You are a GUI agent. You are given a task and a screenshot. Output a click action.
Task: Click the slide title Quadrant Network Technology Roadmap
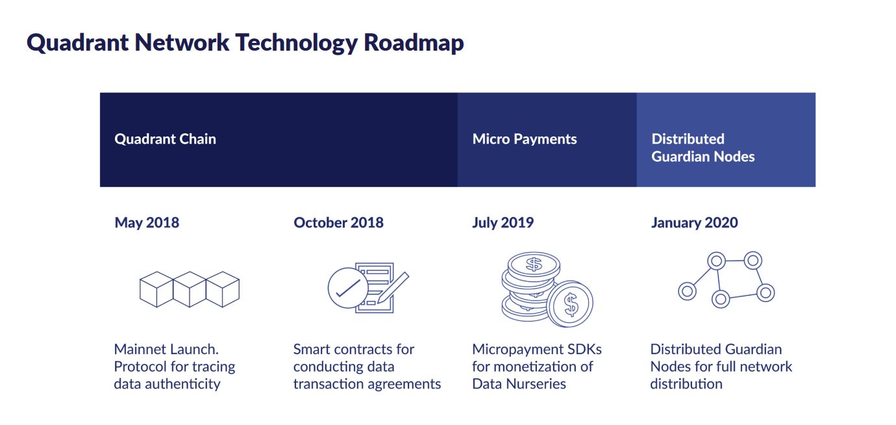(245, 43)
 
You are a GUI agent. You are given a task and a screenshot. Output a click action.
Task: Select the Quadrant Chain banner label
(165, 139)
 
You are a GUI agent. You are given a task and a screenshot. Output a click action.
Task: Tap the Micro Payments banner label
(524, 139)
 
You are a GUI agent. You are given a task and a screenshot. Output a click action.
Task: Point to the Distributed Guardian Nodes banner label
(703, 148)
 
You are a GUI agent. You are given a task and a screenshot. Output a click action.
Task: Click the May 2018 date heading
(147, 222)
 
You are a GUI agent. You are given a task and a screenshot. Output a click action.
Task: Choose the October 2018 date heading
(338, 222)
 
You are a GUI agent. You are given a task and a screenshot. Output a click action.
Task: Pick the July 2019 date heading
(503, 222)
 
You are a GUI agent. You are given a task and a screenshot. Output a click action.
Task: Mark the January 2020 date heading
(694, 222)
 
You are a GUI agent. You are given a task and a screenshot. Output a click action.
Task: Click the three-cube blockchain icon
(190, 289)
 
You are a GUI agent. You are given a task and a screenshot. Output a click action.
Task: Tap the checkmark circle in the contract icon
(347, 287)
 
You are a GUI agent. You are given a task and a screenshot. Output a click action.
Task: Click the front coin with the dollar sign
(570, 303)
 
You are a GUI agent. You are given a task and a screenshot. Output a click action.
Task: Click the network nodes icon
(726, 279)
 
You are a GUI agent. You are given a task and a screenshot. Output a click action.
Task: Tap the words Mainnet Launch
(166, 349)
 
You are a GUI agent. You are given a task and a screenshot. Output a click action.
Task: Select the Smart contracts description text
(367, 367)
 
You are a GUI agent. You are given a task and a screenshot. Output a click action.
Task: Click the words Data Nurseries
(519, 383)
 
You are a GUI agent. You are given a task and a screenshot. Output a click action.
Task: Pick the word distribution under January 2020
(686, 383)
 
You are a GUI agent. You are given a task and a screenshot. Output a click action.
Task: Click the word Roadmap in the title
(414, 43)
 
